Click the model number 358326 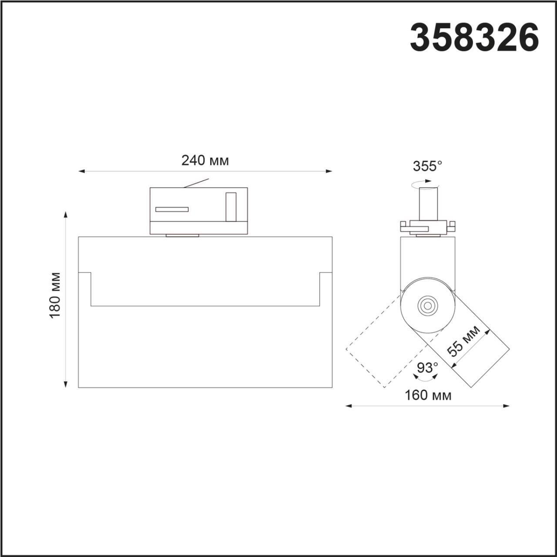[474, 37]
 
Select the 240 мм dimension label [205, 161]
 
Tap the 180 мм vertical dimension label [55, 295]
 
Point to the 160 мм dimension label [428, 395]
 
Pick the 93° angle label [427, 368]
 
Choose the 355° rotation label [427, 166]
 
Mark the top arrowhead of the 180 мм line [66, 215]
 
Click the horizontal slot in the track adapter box [172, 209]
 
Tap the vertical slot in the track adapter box [231, 206]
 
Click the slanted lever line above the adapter [196, 183]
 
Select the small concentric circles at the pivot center [427, 305]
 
